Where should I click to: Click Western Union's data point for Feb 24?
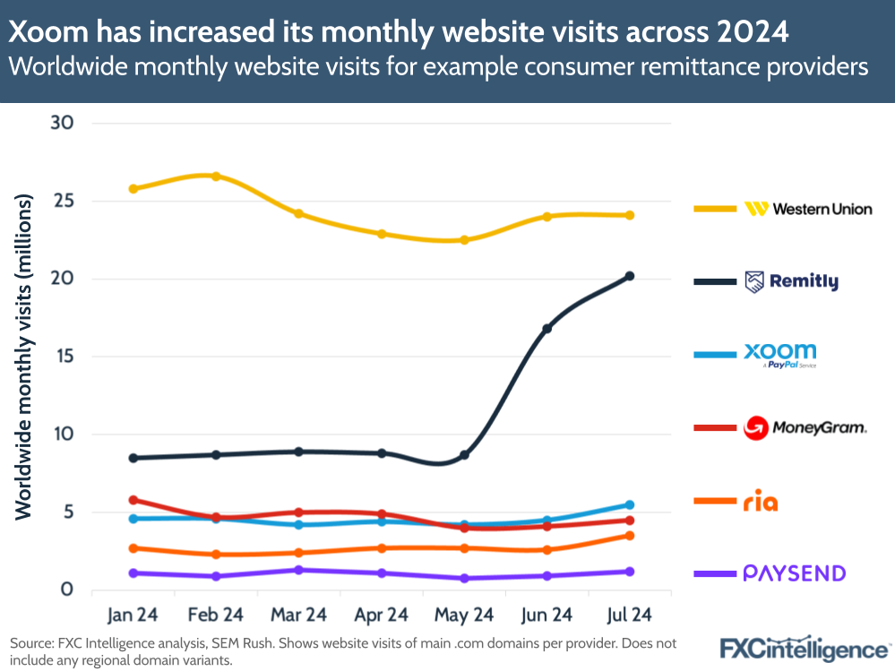click(x=216, y=176)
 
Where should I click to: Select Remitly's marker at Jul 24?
click(x=630, y=276)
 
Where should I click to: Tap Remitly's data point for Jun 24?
click(x=547, y=329)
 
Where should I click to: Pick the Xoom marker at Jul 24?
click(x=630, y=505)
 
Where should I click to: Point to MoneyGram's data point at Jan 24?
click(x=133, y=500)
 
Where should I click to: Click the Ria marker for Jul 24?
click(x=630, y=536)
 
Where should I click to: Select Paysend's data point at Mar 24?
click(x=298, y=570)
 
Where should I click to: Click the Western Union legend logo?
click(x=808, y=209)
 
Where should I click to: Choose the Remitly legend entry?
click(x=792, y=282)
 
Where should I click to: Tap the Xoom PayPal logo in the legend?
click(x=780, y=355)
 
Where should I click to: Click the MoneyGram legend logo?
click(x=805, y=428)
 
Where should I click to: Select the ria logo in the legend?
click(x=761, y=503)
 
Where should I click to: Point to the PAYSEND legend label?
click(x=795, y=573)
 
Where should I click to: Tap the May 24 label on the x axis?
click(x=464, y=615)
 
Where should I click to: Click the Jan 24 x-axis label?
click(x=133, y=615)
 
